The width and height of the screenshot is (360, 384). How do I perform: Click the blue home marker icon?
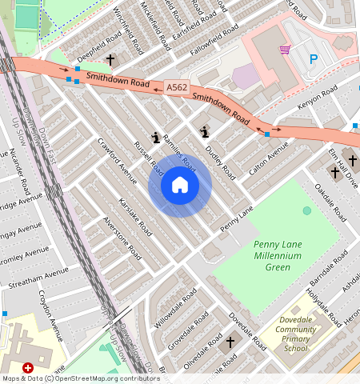coord(180,186)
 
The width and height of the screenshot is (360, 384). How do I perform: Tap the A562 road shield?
coord(177,86)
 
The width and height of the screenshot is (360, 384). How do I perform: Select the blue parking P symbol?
coord(314,59)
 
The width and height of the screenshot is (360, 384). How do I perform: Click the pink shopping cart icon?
coord(284,50)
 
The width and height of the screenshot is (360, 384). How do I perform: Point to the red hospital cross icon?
coord(29,367)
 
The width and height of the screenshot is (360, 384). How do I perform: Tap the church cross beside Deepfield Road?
coord(110,60)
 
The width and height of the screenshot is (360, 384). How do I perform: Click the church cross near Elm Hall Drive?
coord(335,172)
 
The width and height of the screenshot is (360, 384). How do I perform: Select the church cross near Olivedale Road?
coord(230,342)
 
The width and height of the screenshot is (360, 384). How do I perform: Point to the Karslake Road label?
coord(134,216)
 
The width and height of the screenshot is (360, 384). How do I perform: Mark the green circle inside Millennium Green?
coord(307,210)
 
